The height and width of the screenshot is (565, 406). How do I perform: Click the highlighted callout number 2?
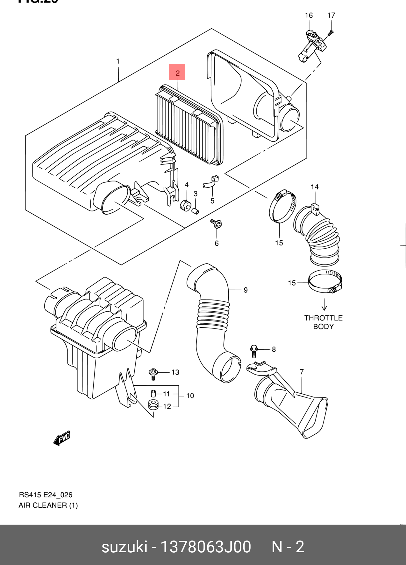[177, 72]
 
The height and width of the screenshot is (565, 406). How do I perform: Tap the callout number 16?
[309, 15]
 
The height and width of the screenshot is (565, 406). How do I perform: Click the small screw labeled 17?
[330, 32]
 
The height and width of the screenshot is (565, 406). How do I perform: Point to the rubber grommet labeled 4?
[185, 205]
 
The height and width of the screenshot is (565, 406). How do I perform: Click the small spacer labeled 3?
[195, 210]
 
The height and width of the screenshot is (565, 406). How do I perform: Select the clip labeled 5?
[211, 182]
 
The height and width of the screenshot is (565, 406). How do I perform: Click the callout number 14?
[315, 187]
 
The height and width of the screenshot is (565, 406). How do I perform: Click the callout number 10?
[190, 396]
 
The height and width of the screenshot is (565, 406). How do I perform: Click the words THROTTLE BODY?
[323, 322]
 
